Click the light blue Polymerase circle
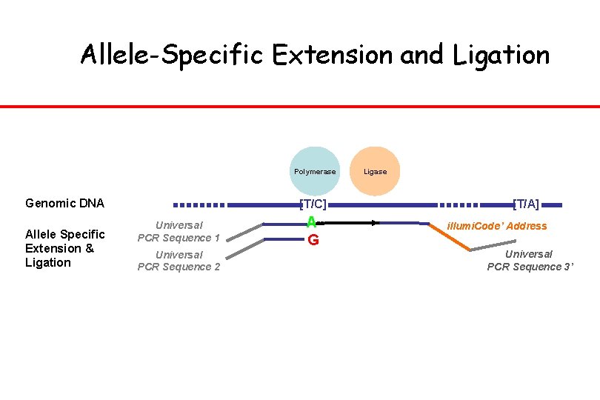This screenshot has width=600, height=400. click(x=315, y=171)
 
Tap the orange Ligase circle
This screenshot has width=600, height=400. click(x=375, y=171)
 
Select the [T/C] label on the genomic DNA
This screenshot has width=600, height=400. click(x=313, y=204)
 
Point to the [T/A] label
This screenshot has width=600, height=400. click(x=526, y=204)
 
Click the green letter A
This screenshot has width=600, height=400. click(x=312, y=221)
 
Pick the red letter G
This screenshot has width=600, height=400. click(x=313, y=240)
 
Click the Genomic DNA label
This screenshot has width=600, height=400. click(x=64, y=203)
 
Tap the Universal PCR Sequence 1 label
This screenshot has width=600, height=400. click(x=179, y=231)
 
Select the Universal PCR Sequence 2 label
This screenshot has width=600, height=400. click(x=179, y=261)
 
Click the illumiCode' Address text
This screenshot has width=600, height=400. click(x=496, y=226)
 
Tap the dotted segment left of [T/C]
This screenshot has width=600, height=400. click(x=199, y=204)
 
